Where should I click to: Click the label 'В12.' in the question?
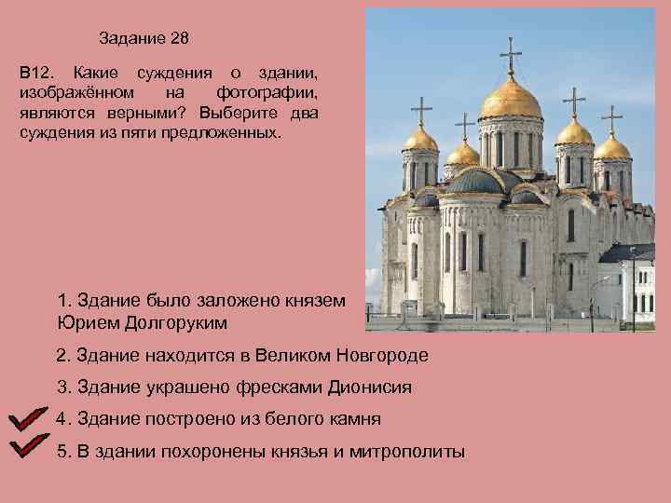point(34,72)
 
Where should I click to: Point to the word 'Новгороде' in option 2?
point(382,356)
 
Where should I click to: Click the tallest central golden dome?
point(511,101)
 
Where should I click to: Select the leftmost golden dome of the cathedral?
point(420,140)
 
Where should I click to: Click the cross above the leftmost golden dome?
point(420,110)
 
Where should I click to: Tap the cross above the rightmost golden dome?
point(612,118)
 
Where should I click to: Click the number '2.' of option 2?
point(63,356)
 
